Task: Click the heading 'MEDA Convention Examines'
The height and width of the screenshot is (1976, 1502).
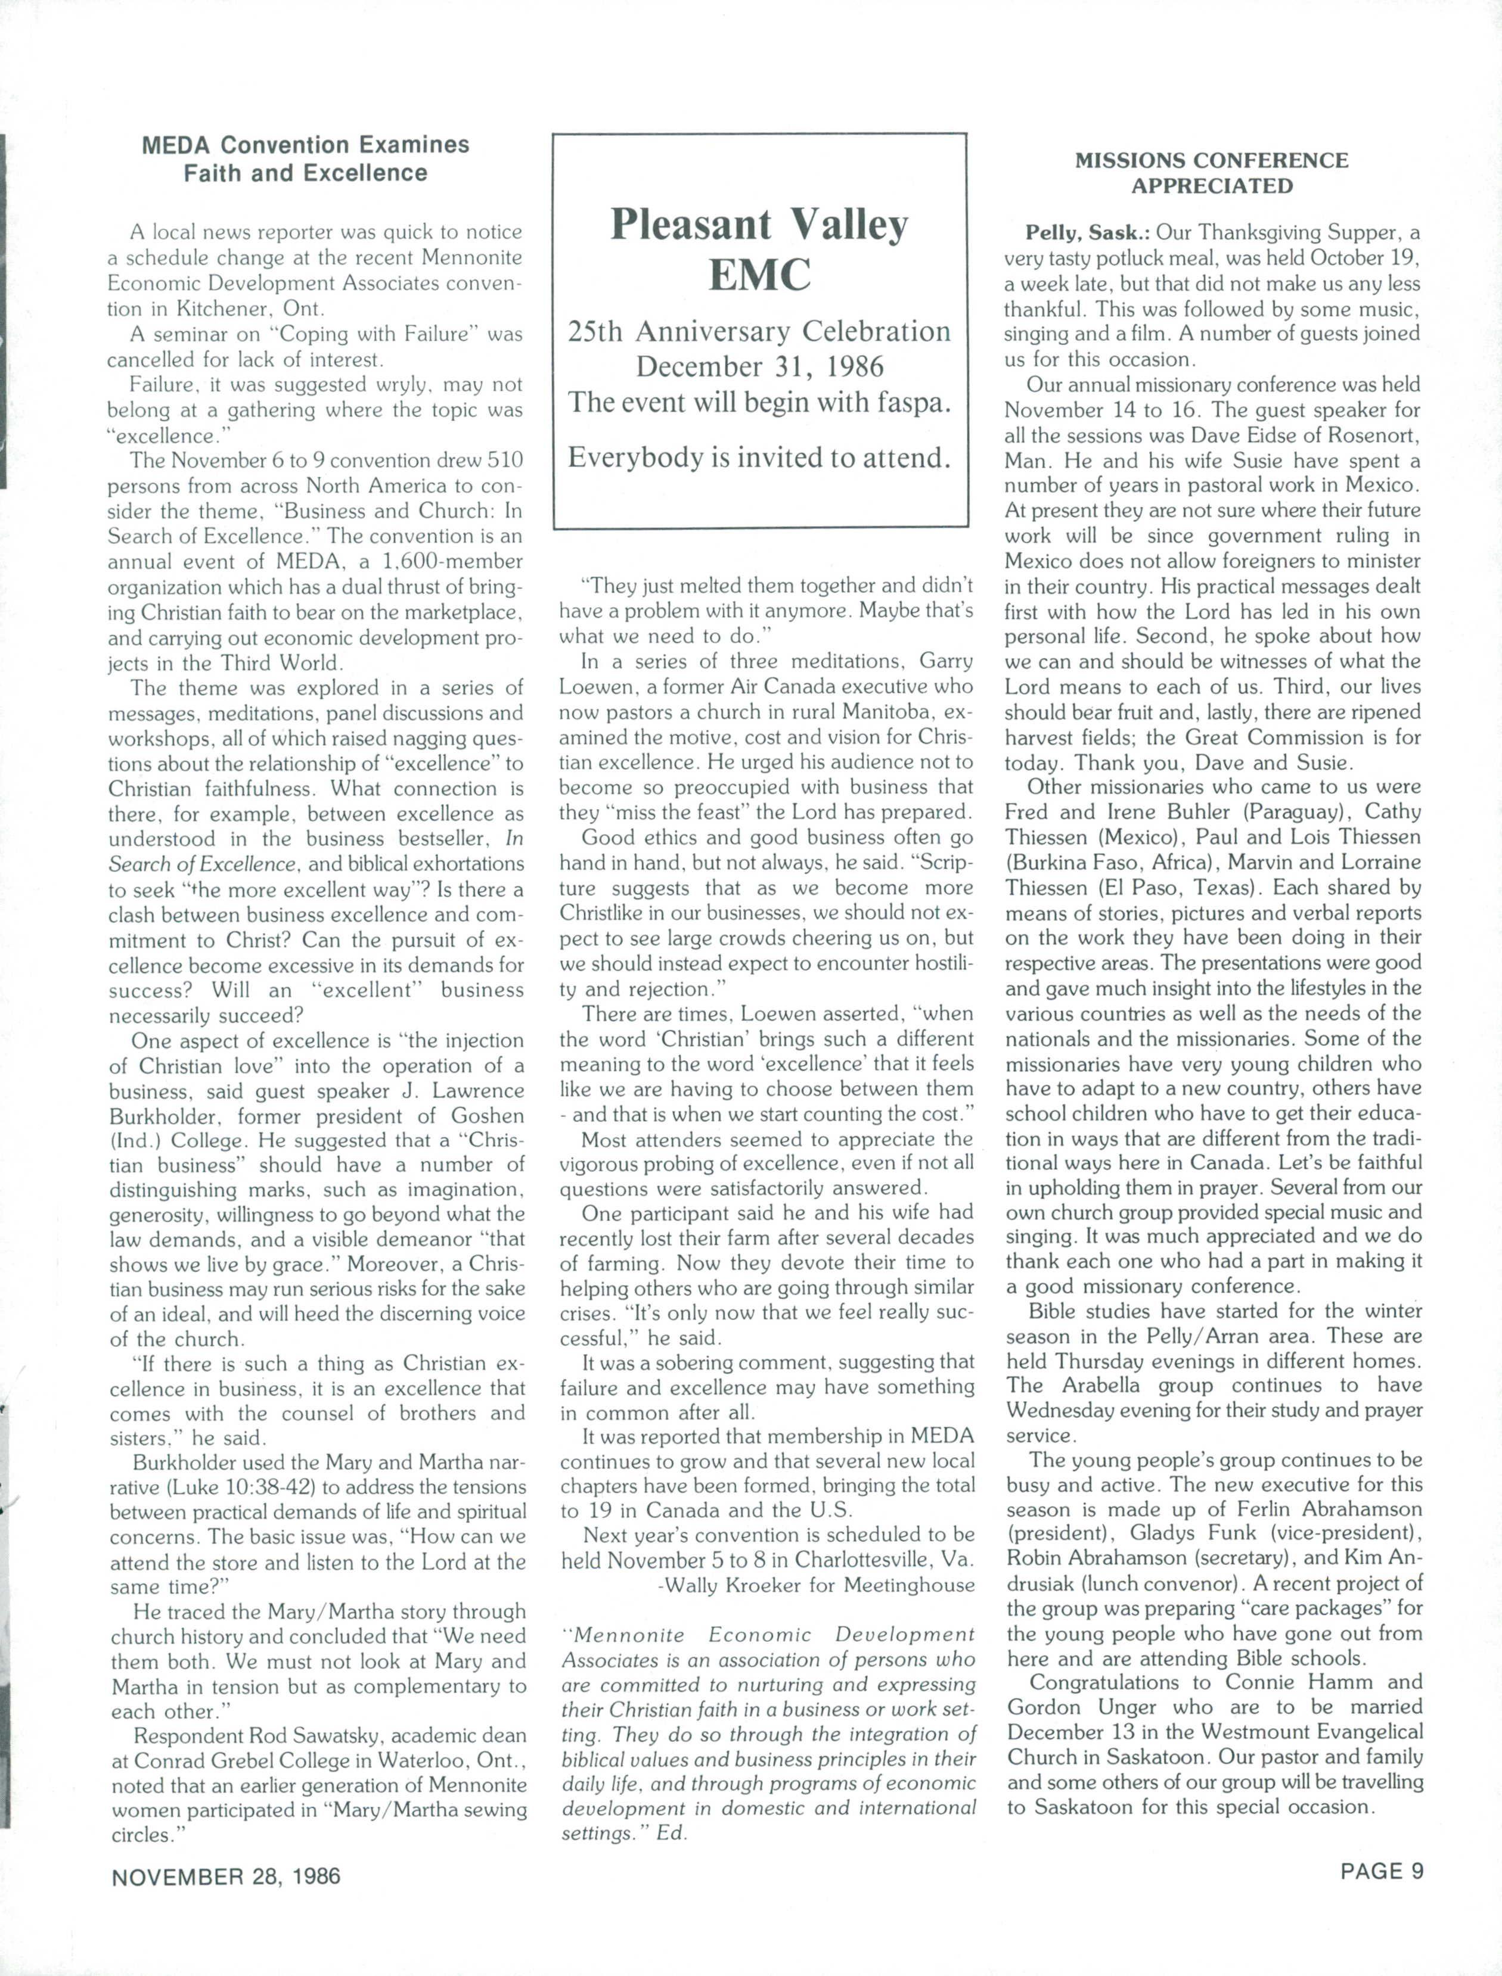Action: tap(305, 145)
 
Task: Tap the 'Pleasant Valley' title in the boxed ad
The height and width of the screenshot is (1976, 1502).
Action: tap(759, 225)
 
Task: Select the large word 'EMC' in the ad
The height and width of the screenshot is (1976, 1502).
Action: tap(759, 275)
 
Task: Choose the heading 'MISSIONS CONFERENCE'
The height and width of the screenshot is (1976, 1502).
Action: tap(1211, 160)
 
